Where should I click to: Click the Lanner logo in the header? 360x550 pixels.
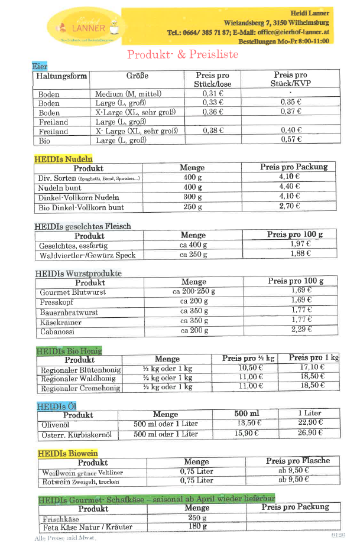click(x=85, y=26)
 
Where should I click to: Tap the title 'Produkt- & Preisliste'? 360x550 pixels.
click(x=183, y=54)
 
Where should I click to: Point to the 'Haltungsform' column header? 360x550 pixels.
click(x=61, y=76)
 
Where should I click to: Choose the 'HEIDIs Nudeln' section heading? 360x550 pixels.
click(x=63, y=159)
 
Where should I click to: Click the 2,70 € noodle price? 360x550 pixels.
click(x=290, y=206)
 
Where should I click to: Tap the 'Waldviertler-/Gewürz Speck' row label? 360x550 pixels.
click(x=87, y=255)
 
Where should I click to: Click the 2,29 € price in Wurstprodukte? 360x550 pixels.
click(x=301, y=330)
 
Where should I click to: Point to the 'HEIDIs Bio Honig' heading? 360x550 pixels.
click(x=69, y=350)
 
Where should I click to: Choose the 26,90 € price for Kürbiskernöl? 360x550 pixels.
click(x=310, y=433)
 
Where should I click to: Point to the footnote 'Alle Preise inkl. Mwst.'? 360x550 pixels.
click(x=65, y=538)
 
